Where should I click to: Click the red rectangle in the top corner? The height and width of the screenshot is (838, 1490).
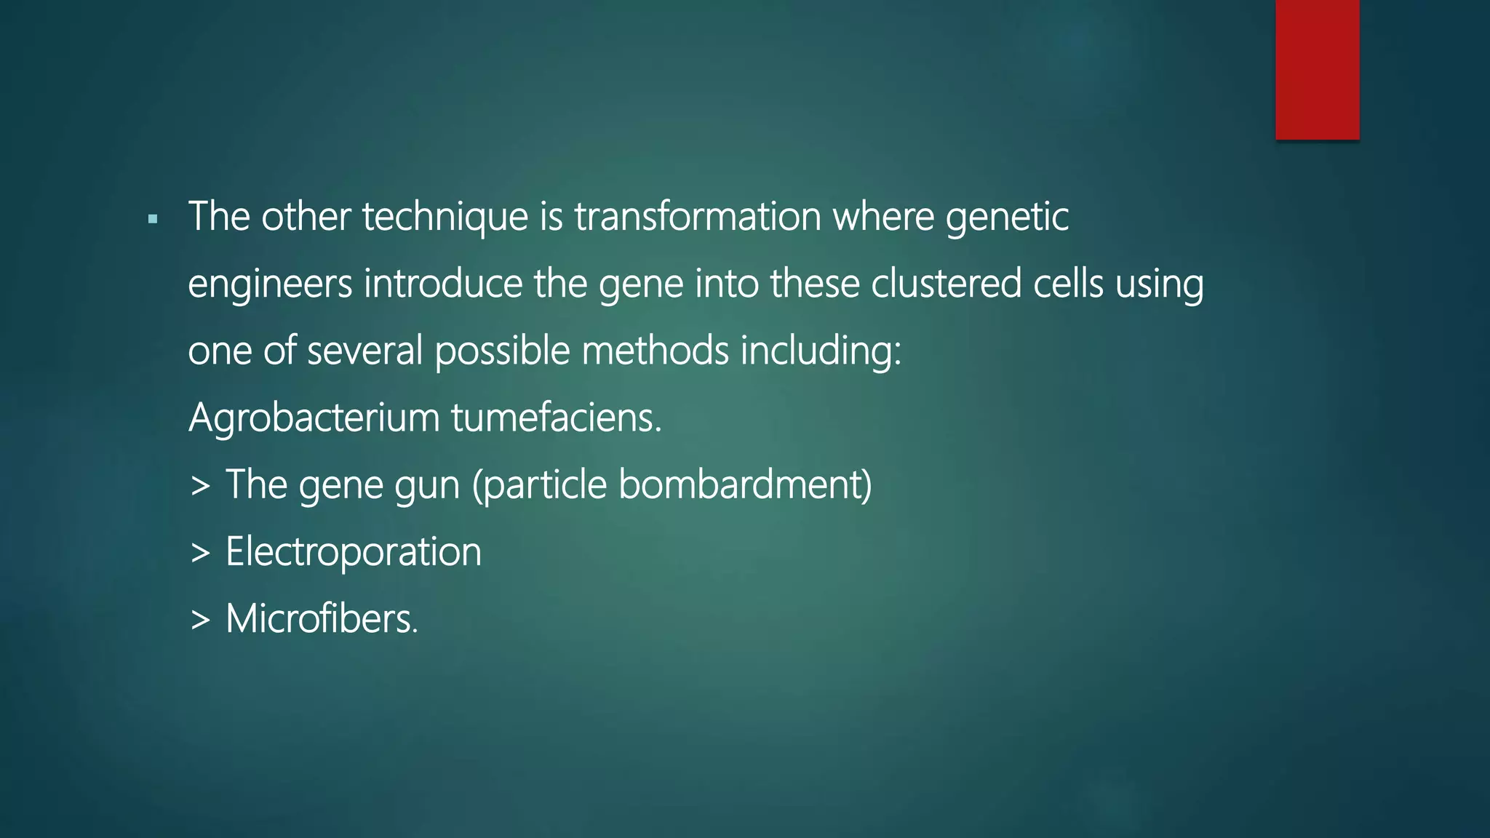[1317, 69]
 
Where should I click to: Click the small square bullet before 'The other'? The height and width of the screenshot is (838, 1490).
[153, 218]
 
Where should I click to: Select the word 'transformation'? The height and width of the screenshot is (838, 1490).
[698, 217]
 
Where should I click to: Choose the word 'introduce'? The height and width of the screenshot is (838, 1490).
[443, 284]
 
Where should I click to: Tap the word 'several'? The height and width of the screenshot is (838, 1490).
[364, 351]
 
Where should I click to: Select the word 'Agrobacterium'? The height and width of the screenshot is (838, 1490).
[314, 418]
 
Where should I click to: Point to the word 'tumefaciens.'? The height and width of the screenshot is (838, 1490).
[556, 418]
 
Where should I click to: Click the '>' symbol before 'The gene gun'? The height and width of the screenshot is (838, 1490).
[200, 486]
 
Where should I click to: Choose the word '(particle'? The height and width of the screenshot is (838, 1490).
[539, 486]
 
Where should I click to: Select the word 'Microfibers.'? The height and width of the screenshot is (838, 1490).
[322, 619]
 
